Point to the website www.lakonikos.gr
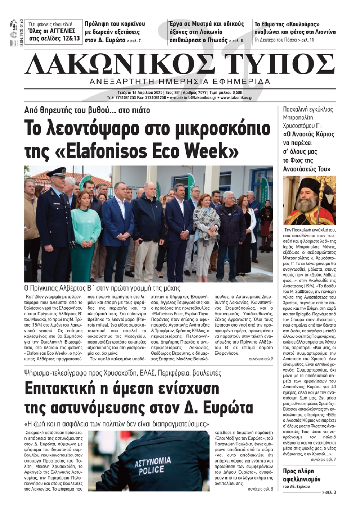pyautogui.click(x=237, y=97)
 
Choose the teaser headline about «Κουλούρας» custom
pyautogui.click(x=294, y=28)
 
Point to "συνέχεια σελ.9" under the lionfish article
pyautogui.click(x=260, y=359)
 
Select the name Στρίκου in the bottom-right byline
pyautogui.click(x=301, y=487)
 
